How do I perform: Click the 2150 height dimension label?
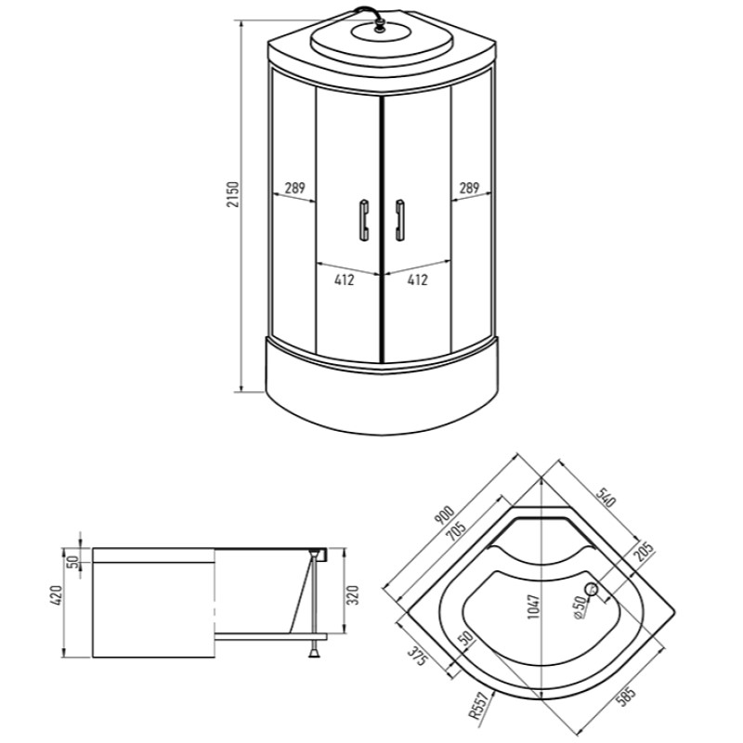pyautogui.click(x=233, y=194)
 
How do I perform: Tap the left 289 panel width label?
pyautogui.click(x=294, y=189)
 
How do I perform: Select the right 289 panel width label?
pyautogui.click(x=469, y=189)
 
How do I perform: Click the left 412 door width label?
pyautogui.click(x=345, y=280)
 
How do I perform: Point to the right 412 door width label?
pyautogui.click(x=417, y=280)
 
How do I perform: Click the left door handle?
pyautogui.click(x=364, y=220)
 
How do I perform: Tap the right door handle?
pyautogui.click(x=400, y=220)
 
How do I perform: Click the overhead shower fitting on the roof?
pyautogui.click(x=379, y=27)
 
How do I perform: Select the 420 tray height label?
pyautogui.click(x=57, y=595)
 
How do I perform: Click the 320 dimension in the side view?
pyautogui.click(x=353, y=595)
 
